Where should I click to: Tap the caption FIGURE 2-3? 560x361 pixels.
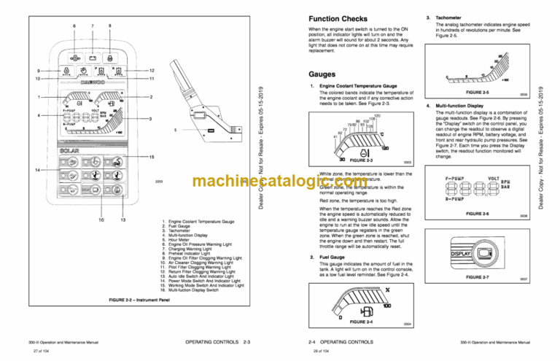click(x=360, y=160)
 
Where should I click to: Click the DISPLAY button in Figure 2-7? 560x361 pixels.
click(x=464, y=253)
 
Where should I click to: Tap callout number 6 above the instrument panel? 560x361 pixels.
click(x=73, y=26)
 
